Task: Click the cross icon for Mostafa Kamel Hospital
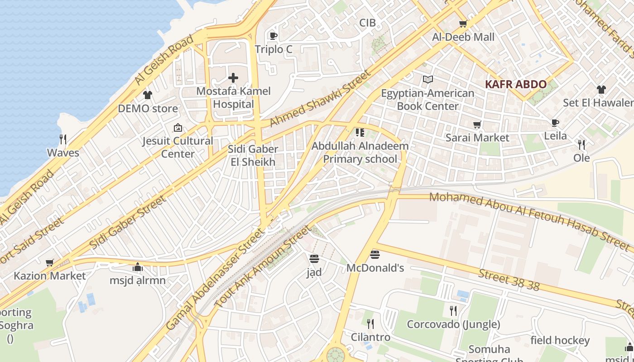[233, 78]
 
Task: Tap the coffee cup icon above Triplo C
[273, 36]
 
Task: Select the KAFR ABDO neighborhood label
[515, 84]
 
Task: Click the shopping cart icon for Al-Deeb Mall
[463, 24]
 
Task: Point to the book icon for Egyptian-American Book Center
[427, 80]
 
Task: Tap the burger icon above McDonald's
[375, 254]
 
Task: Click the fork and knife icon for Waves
[63, 139]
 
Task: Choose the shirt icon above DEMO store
[148, 95]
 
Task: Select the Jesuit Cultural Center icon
[178, 128]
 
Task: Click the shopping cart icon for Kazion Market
[49, 262]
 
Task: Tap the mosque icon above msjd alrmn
[138, 267]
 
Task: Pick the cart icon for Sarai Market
[477, 124]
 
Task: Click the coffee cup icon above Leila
[555, 123]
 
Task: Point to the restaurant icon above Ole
[581, 145]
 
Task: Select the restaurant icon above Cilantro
[370, 324]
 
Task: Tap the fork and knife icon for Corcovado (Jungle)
[453, 311]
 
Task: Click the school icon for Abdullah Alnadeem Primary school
[360, 133]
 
